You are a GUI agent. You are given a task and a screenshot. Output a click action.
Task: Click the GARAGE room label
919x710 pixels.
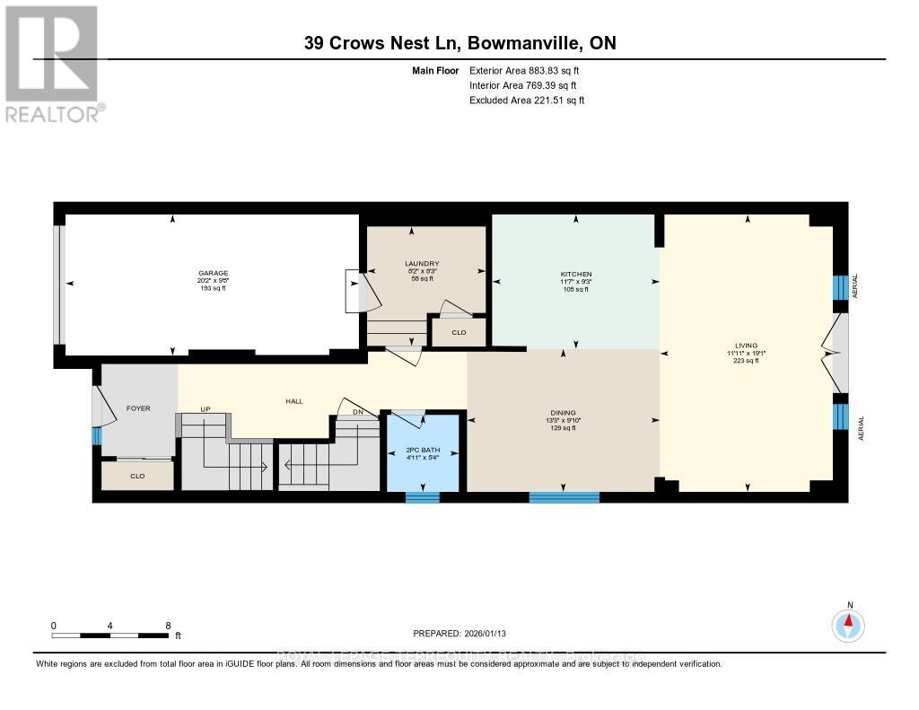click(x=214, y=273)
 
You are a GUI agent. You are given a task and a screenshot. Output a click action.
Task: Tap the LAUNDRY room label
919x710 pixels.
click(x=421, y=263)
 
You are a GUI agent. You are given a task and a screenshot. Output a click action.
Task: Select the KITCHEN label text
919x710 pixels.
click(x=576, y=274)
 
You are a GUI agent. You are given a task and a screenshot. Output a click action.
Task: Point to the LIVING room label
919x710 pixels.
click(x=746, y=346)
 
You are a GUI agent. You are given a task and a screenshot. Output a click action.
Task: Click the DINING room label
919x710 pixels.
click(x=561, y=413)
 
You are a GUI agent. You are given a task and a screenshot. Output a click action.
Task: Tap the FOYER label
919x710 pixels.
click(x=137, y=408)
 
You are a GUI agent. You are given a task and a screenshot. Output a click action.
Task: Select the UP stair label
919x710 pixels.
click(x=205, y=409)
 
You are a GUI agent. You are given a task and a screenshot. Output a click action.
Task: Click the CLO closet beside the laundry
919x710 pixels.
click(x=458, y=332)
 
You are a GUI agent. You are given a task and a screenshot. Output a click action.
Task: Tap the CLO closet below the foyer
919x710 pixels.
click(x=137, y=477)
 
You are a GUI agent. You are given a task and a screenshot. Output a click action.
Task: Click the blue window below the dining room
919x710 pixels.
click(x=564, y=496)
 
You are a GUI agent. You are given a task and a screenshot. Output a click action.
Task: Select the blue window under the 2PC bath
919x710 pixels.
click(x=422, y=496)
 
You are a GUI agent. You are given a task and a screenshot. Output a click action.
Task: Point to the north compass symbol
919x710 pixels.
click(x=848, y=624)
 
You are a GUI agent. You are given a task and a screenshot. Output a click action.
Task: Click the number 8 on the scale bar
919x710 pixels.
click(x=167, y=625)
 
